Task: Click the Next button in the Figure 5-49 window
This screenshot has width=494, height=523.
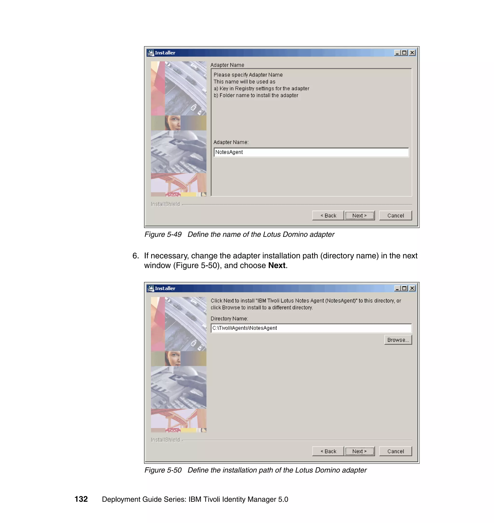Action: [x=359, y=215]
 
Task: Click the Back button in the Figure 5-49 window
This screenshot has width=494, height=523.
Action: [x=328, y=215]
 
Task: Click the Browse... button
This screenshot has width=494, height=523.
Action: [x=398, y=340]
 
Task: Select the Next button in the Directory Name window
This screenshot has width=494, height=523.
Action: [x=359, y=451]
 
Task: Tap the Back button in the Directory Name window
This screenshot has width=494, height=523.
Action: [x=328, y=451]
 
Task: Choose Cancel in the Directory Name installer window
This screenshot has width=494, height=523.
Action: [x=396, y=451]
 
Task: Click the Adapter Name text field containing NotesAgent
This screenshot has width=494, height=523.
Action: [x=311, y=152]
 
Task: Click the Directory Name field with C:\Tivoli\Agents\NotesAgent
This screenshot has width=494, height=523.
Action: [x=311, y=328]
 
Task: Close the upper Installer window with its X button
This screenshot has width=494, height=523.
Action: [x=412, y=53]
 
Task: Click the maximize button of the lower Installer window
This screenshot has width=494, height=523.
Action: [x=405, y=288]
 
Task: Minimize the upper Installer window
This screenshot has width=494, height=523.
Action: [x=397, y=53]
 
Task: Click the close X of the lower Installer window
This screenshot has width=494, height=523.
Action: [x=412, y=288]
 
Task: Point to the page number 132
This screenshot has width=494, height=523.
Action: [x=81, y=499]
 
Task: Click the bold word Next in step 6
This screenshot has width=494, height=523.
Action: [x=276, y=265]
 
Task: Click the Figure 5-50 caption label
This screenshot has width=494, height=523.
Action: [x=163, y=470]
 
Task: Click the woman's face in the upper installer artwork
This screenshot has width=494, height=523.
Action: [x=173, y=123]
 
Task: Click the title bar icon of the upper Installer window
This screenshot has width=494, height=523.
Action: [x=151, y=53]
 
